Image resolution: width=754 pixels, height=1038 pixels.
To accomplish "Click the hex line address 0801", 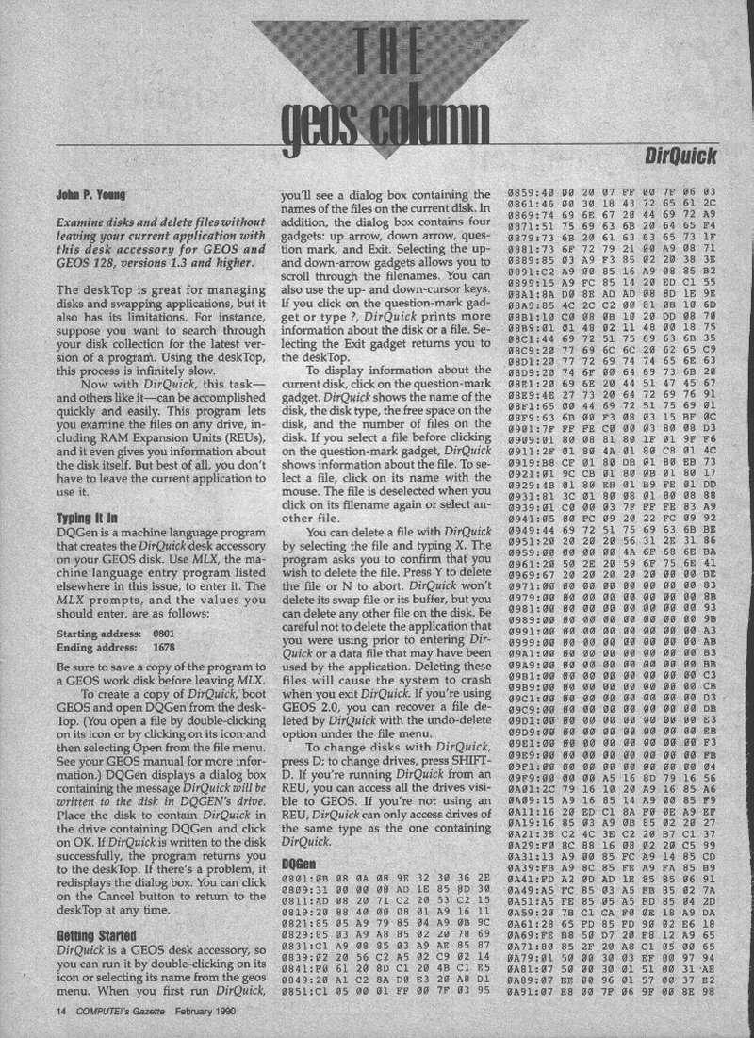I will coord(300,880).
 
